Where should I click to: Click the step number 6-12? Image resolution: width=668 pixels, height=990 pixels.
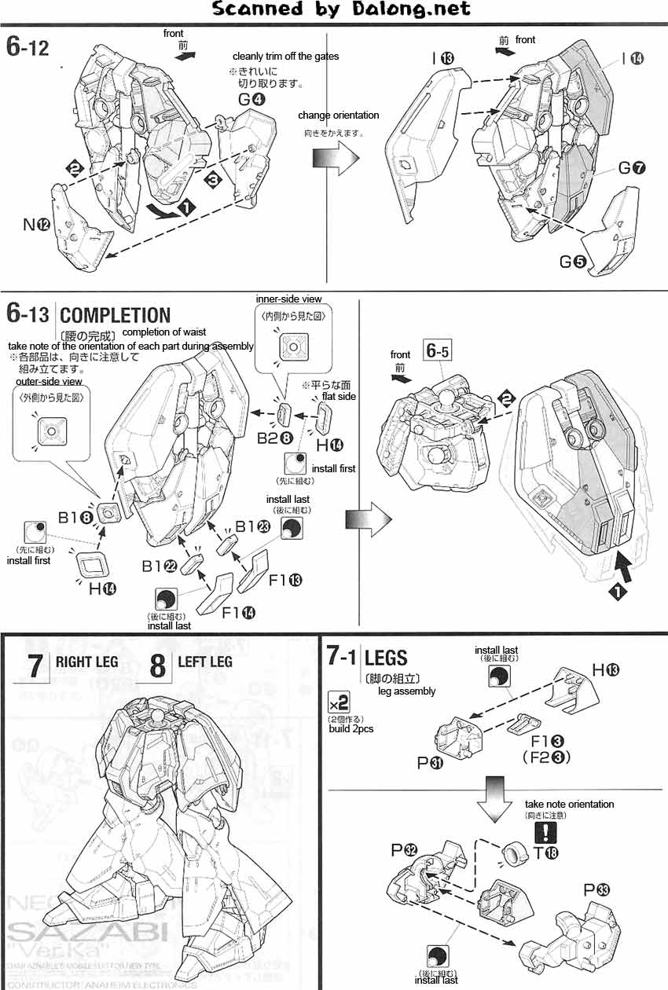tap(28, 47)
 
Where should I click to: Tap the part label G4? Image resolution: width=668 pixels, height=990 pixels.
tap(252, 99)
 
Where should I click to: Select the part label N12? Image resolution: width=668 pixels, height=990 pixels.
tap(37, 225)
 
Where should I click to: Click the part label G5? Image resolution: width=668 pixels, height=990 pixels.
tap(573, 262)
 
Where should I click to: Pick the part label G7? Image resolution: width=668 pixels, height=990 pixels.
tap(632, 168)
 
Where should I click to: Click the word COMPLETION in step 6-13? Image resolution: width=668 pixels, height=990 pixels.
tap(115, 315)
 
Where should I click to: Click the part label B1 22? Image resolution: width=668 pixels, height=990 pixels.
tap(162, 564)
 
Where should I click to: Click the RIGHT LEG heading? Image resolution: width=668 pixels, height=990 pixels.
tap(86, 662)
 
